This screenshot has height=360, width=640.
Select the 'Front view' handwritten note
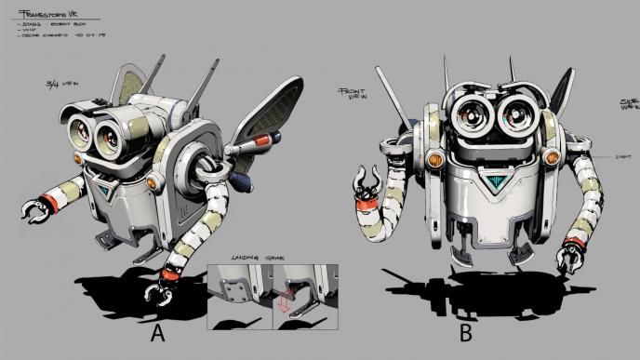[353, 92]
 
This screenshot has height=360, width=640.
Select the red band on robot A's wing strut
[266, 141]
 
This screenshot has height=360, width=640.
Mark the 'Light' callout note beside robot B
[622, 158]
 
